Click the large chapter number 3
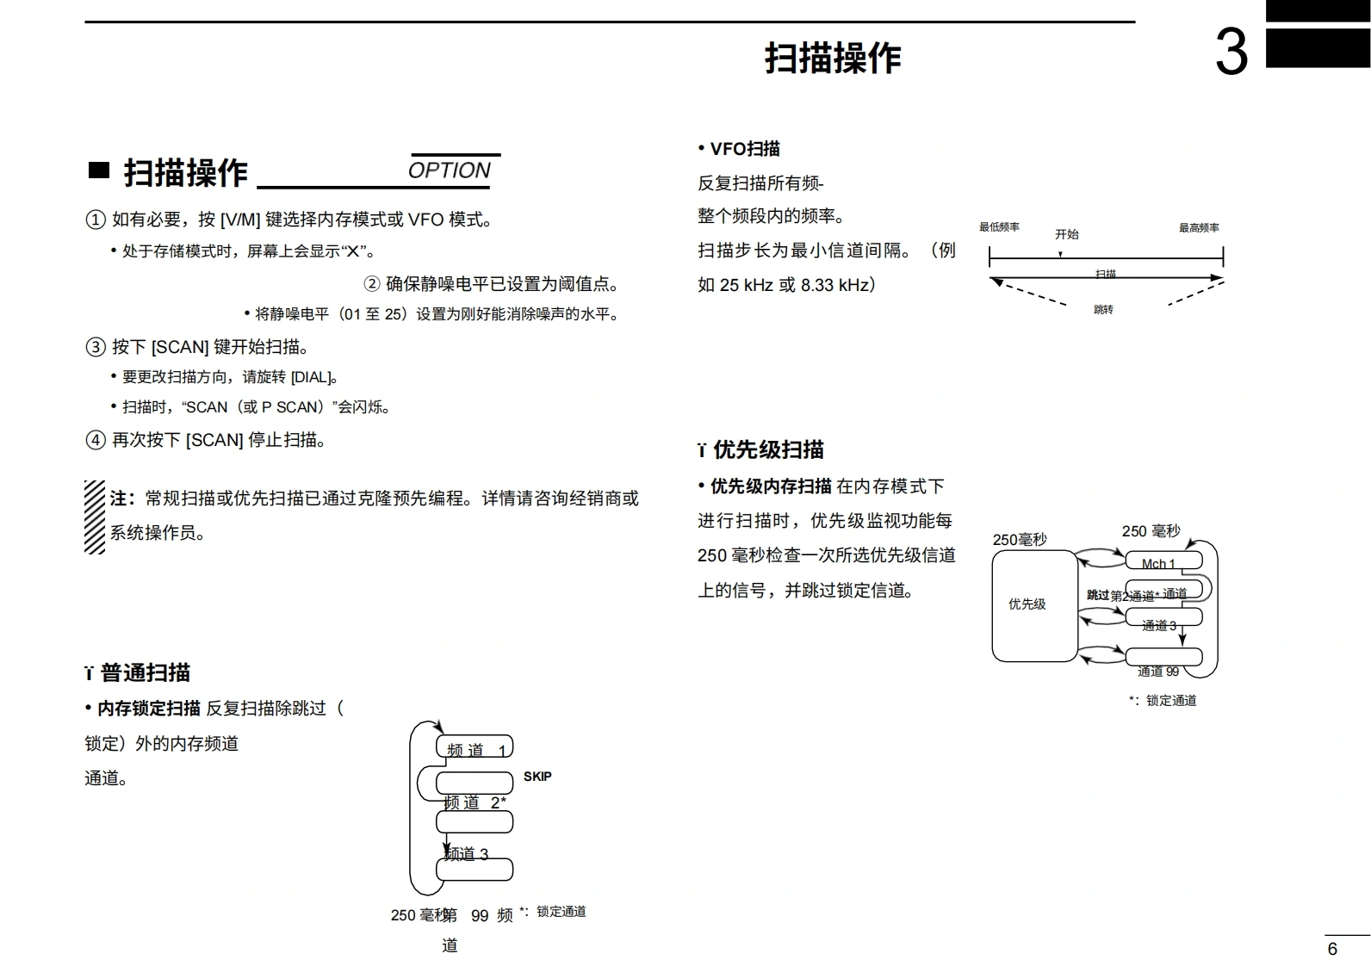click(1231, 53)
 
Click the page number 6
click(1332, 949)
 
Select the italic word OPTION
click(449, 170)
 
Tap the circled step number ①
click(95, 220)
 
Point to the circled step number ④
click(95, 440)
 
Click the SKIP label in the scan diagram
click(537, 777)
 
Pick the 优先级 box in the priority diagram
click(1027, 604)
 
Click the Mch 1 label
click(1158, 564)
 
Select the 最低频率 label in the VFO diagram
click(999, 227)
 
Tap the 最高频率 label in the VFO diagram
click(1199, 228)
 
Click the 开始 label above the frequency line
click(1067, 234)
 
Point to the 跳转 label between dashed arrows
click(1103, 309)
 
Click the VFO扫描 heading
click(745, 149)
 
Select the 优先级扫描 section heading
click(768, 449)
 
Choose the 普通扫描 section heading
click(145, 672)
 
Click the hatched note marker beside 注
click(95, 517)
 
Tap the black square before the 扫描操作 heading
click(99, 170)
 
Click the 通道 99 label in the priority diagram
click(1158, 672)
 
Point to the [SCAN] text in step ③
click(180, 347)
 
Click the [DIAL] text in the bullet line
click(310, 377)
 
